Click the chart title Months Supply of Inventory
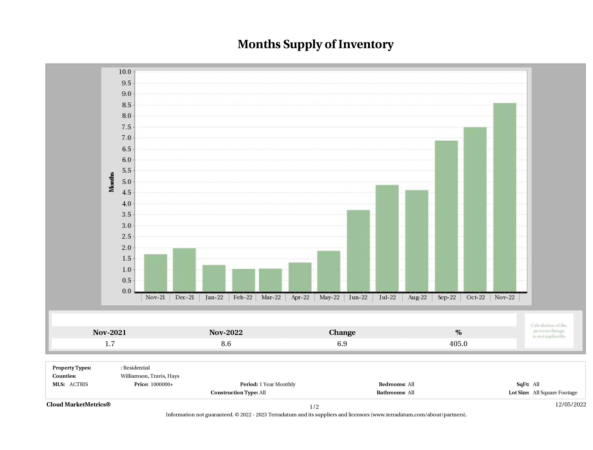pos(316,44)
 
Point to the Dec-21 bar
pos(184,270)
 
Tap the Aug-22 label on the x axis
pos(417,297)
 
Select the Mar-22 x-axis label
pos(271,297)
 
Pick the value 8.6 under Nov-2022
pos(226,344)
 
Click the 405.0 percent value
pos(458,344)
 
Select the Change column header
pos(342,333)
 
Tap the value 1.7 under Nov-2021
pos(110,344)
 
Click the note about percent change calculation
pos(549,331)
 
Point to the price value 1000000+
pos(162,384)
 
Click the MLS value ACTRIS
pos(78,384)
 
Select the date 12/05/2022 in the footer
pos(570,404)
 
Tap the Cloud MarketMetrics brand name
pos(78,404)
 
